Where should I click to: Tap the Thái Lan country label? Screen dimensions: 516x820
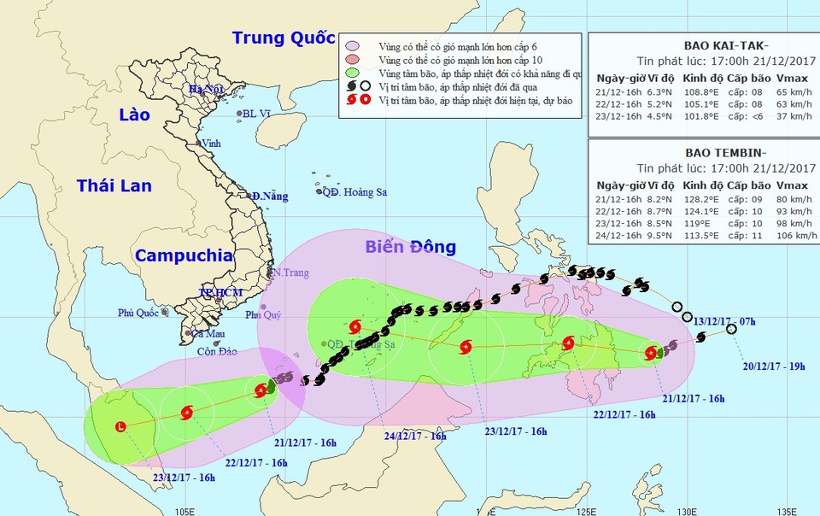pyautogui.click(x=114, y=185)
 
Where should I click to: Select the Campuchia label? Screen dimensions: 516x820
pyautogui.click(x=184, y=255)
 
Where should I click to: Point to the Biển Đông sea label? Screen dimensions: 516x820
pyautogui.click(x=410, y=247)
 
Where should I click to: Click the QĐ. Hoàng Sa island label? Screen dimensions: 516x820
pyautogui.click(x=354, y=192)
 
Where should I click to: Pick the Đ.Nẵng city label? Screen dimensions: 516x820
pyautogui.click(x=270, y=196)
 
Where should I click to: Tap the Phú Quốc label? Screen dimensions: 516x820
pyautogui.click(x=138, y=314)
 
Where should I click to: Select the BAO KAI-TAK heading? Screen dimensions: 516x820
pyautogui.click(x=703, y=45)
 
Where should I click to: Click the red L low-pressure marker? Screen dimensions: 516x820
pyautogui.click(x=120, y=426)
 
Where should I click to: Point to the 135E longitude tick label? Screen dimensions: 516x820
pyautogui.click(x=786, y=510)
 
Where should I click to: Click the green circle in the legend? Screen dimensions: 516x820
pyautogui.click(x=352, y=73)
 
